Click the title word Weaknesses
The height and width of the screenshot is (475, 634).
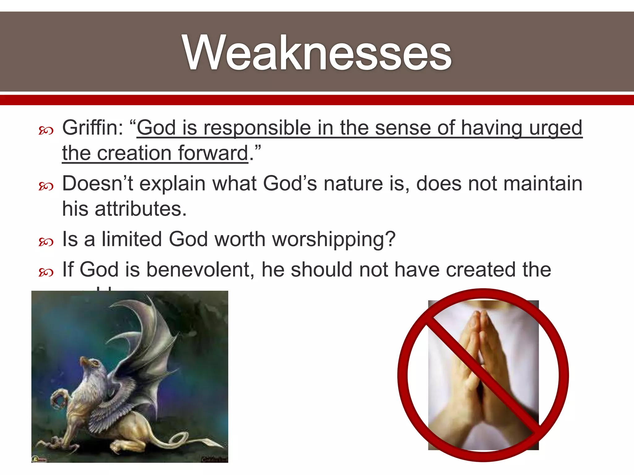pyautogui.click(x=317, y=53)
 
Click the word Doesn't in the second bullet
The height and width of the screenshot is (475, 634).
pyautogui.click(x=97, y=183)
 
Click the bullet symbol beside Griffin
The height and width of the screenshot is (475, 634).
pyautogui.click(x=46, y=131)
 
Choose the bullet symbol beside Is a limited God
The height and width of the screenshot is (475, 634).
pyautogui.click(x=46, y=242)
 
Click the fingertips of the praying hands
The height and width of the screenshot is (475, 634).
pyautogui.click(x=478, y=315)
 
